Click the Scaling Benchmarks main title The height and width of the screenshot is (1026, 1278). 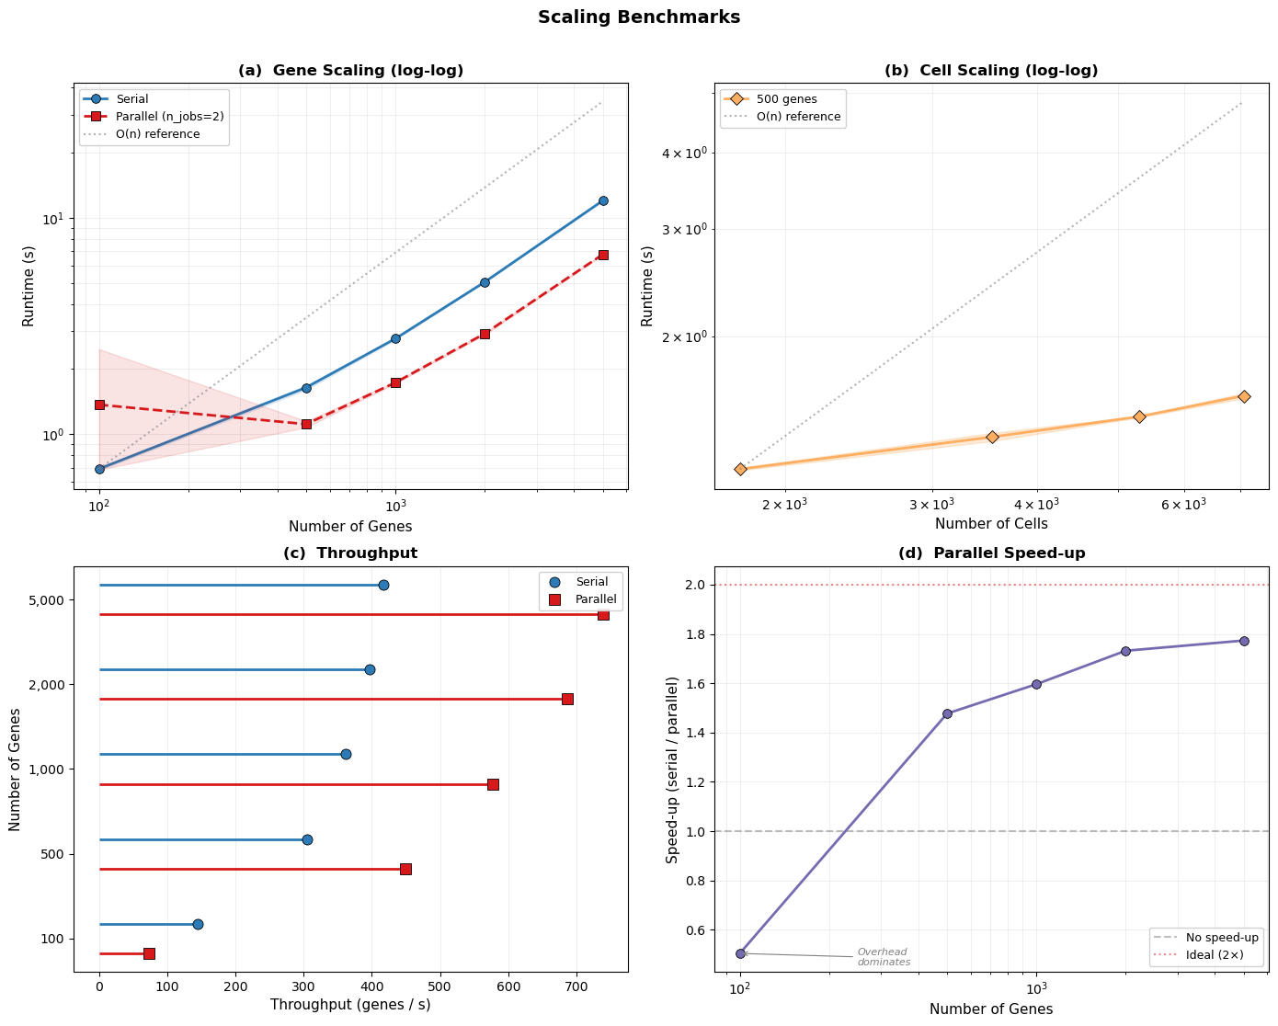pyautogui.click(x=639, y=17)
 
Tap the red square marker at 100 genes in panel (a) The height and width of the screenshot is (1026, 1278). pyautogui.click(x=99, y=405)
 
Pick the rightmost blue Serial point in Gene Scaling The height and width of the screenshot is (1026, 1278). pyautogui.click(x=603, y=200)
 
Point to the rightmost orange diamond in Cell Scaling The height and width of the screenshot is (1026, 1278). pyautogui.click(x=1244, y=396)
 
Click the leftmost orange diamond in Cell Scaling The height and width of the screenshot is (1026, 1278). pyautogui.click(x=740, y=469)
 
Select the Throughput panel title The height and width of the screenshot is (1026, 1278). pyautogui.click(x=350, y=553)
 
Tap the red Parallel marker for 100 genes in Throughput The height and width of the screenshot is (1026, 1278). pyautogui.click(x=149, y=953)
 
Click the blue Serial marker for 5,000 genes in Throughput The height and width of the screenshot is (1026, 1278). pyautogui.click(x=383, y=585)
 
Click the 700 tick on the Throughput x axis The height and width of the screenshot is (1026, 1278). pyautogui.click(x=576, y=987)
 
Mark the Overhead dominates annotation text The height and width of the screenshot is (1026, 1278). pyautogui.click(x=884, y=957)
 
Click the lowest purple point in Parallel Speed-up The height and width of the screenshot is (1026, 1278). pyautogui.click(x=740, y=953)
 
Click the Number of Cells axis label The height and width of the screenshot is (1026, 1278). pyautogui.click(x=991, y=524)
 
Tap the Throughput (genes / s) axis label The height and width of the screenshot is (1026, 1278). pyautogui.click(x=350, y=1005)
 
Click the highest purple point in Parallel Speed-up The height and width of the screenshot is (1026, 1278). pyautogui.click(x=1244, y=641)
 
